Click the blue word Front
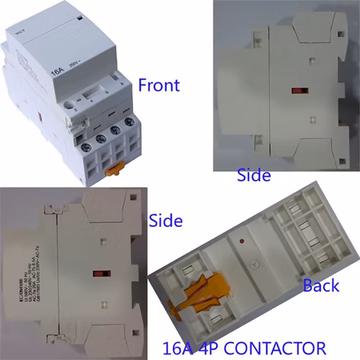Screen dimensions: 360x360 (158, 85)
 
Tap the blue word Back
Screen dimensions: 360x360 (321, 285)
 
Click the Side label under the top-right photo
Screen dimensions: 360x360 (253, 176)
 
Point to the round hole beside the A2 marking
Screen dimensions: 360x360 (68, 103)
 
